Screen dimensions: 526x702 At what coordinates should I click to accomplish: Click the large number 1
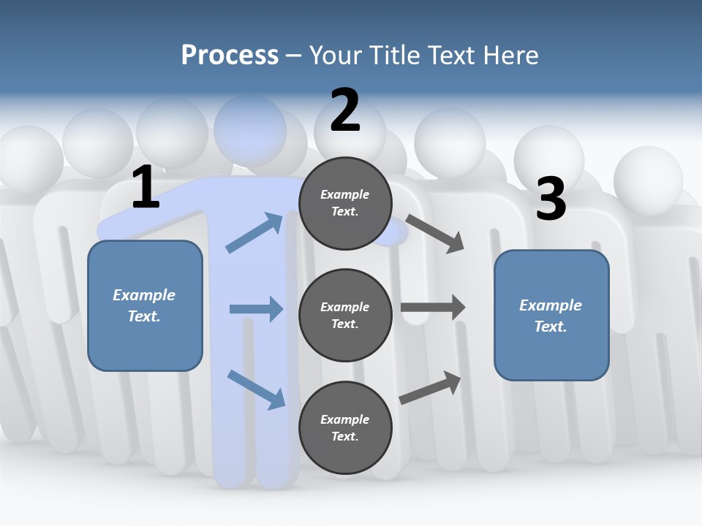coord(146,187)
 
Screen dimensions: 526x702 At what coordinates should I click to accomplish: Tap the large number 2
coord(345,110)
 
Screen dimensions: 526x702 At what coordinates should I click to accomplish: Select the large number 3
coord(551,199)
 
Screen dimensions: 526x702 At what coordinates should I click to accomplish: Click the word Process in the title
coord(230,55)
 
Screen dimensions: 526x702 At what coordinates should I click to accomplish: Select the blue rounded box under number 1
coord(145,305)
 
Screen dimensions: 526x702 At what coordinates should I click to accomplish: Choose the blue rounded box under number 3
coord(551,316)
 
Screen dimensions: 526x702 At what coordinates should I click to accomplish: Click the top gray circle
coord(345,203)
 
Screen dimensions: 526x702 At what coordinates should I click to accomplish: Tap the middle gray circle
coord(345,315)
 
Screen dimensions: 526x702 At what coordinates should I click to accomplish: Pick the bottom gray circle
coord(345,427)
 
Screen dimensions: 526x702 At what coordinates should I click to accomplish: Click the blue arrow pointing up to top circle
coord(254,233)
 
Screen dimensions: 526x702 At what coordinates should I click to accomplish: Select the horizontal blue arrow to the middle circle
coord(256,309)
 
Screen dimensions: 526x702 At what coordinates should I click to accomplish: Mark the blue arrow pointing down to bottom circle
coord(256,389)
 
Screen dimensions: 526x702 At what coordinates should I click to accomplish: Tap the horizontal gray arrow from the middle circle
coord(433,307)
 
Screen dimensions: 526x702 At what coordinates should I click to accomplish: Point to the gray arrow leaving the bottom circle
coord(431,387)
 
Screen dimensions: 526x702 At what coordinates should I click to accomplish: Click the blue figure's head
coord(250,129)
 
